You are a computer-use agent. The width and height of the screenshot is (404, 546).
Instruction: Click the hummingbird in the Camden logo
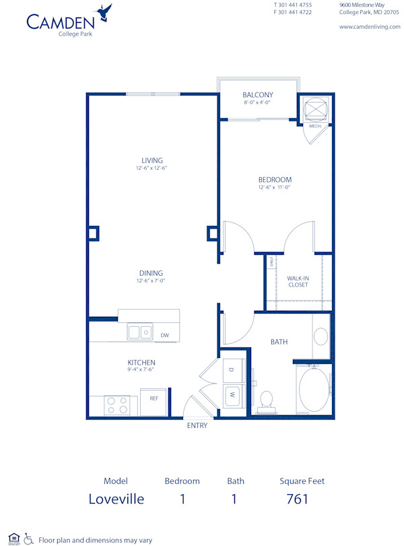click(x=104, y=12)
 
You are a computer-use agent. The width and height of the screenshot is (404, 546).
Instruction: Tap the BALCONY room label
click(x=258, y=95)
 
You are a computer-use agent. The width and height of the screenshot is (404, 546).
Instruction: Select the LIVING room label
click(x=152, y=160)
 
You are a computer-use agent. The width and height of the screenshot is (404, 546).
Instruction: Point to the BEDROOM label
click(x=275, y=179)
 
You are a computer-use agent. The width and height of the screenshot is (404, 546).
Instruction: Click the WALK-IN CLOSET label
click(x=298, y=281)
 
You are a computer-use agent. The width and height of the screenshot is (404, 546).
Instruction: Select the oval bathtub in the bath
click(x=313, y=390)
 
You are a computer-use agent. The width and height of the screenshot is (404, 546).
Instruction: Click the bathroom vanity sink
click(x=321, y=336)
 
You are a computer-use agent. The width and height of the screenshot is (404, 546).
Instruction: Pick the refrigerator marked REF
click(x=154, y=398)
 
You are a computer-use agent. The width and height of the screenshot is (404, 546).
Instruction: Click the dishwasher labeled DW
click(x=164, y=334)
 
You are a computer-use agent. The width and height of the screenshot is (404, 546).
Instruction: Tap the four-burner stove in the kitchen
click(x=118, y=404)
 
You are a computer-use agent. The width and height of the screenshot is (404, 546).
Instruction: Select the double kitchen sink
click(x=140, y=332)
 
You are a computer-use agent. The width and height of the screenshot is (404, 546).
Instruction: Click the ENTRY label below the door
click(x=197, y=425)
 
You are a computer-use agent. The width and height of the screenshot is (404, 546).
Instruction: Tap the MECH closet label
click(x=314, y=126)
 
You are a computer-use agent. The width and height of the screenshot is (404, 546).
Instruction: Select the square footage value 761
click(x=297, y=499)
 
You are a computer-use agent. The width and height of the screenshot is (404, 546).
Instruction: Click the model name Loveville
click(x=116, y=499)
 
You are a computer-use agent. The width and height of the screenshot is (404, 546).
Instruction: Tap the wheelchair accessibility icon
click(x=28, y=539)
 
